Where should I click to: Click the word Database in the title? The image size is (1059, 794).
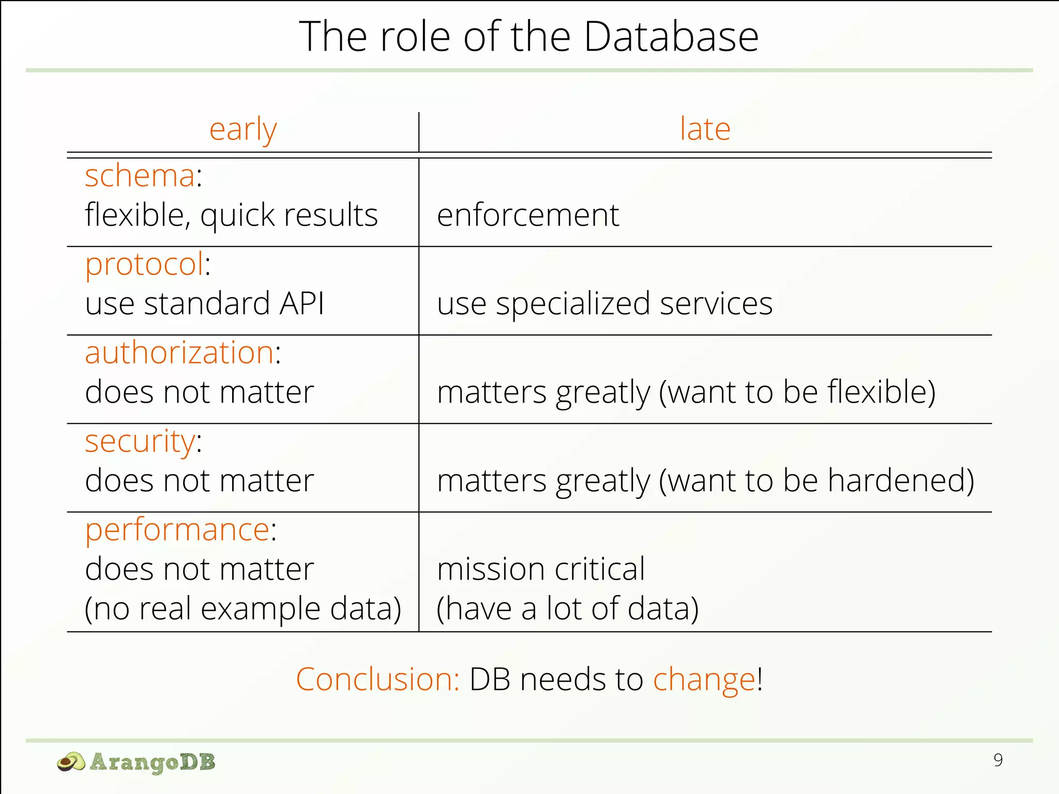671,37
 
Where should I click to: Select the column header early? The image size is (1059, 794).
243,129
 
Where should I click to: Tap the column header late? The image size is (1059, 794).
705,129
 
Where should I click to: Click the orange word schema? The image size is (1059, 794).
140,176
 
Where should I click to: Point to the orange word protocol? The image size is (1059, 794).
144,264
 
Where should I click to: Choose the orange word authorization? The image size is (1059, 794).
179,353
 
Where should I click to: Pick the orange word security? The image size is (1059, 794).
140,442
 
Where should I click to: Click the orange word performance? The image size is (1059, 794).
177,530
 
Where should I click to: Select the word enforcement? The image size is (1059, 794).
527,215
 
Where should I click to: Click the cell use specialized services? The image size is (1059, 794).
604,303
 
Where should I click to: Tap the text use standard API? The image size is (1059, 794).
204,303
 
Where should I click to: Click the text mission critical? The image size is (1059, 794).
541,569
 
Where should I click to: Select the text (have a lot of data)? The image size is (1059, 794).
567,608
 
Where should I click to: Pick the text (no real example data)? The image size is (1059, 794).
243,608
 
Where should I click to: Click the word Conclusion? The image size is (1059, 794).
377,679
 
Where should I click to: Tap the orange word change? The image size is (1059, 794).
704,679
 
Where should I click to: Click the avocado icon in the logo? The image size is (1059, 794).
71,762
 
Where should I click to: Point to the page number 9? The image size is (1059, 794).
998,760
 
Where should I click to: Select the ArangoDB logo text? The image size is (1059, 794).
152,762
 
